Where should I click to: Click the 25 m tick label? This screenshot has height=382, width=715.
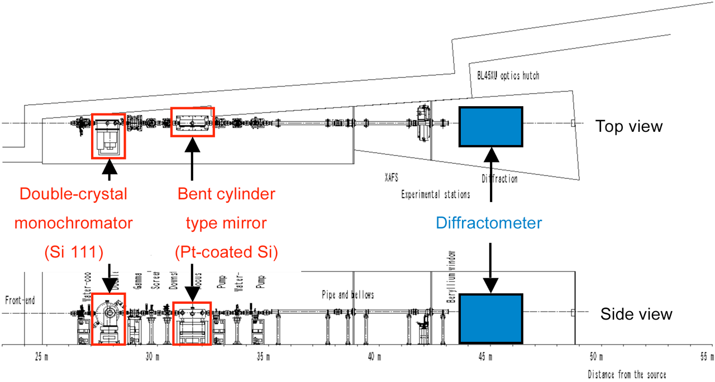tap(41, 356)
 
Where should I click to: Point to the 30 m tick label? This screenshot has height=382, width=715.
tap(152, 356)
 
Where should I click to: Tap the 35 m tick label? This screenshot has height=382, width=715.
tap(263, 356)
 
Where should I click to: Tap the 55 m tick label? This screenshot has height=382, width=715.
tap(707, 356)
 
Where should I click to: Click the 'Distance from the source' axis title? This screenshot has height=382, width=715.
tap(626, 374)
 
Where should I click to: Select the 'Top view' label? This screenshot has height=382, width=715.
tap(629, 126)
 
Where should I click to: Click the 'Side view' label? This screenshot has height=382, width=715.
tap(636, 314)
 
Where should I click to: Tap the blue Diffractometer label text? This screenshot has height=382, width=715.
tap(490, 223)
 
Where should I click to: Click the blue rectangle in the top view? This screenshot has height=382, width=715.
tap(490, 127)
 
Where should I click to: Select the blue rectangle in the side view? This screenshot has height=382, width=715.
tap(490, 318)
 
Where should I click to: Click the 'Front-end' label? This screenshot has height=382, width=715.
tap(20, 300)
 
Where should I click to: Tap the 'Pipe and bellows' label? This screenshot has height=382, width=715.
tap(347, 294)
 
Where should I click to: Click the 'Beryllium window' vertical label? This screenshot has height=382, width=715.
tap(450, 277)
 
